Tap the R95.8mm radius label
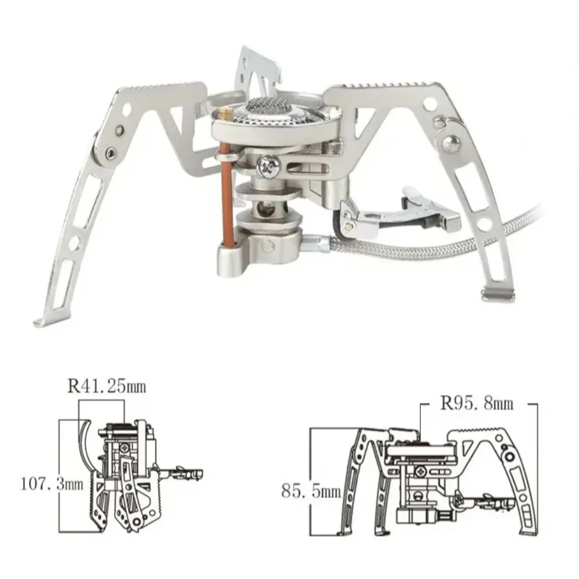[476, 404]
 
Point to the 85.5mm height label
[310, 492]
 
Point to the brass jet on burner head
[228, 114]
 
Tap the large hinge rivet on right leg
[451, 143]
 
